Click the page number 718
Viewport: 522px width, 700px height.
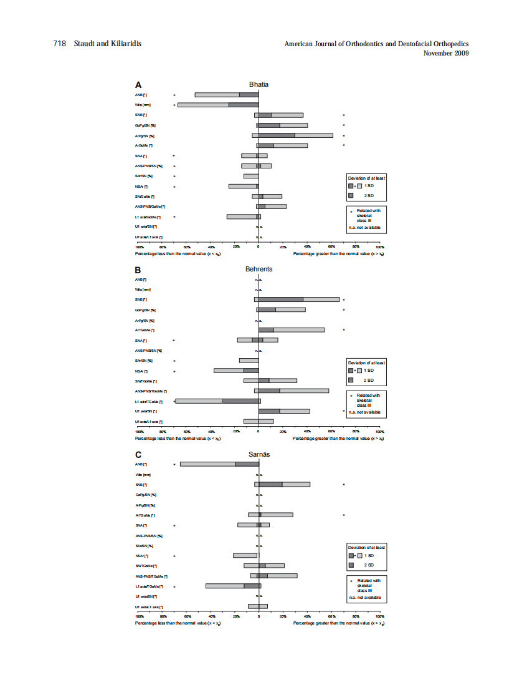59,44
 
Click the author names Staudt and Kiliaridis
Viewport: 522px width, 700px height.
108,44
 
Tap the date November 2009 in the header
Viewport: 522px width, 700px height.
446,53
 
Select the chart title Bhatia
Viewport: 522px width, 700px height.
259,84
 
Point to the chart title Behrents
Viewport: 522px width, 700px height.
259,270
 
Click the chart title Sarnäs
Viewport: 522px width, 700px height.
259,454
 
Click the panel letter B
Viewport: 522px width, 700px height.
138,270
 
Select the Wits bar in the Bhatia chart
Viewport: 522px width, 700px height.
218,105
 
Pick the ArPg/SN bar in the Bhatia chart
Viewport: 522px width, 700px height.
293,135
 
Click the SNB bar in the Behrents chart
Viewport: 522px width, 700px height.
297,299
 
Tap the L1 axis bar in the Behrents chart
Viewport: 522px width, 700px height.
218,401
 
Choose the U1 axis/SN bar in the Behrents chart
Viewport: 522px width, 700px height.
284,411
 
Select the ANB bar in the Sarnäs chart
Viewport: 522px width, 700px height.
219,464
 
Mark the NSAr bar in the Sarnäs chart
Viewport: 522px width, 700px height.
245,555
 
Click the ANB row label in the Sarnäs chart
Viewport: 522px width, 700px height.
141,464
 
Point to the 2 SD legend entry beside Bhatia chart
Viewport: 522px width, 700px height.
369,196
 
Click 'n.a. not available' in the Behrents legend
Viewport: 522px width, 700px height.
365,412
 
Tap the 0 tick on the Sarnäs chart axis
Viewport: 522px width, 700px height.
259,616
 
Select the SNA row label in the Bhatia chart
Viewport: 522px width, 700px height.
141,156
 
